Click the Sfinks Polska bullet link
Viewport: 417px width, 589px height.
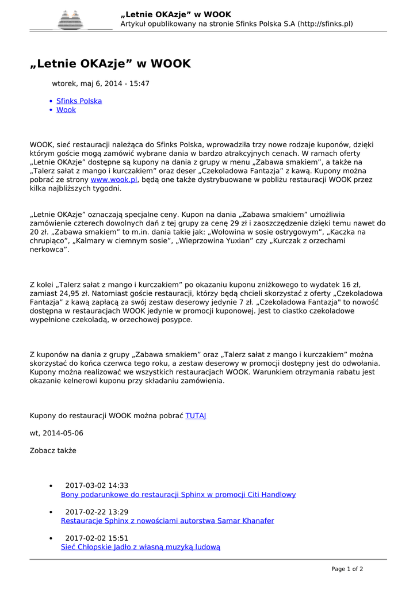(79, 101)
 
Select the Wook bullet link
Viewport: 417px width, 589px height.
(66, 110)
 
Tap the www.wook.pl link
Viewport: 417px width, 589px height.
(114, 179)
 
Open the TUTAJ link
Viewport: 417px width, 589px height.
(196, 415)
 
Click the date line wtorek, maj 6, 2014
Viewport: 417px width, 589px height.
(101, 83)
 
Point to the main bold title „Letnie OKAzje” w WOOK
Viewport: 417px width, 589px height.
(110, 64)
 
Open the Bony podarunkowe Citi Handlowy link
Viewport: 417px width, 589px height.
(178, 495)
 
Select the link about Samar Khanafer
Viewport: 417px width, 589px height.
(167, 521)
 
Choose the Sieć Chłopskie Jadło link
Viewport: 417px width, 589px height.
(140, 548)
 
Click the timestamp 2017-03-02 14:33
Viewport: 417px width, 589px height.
(97, 485)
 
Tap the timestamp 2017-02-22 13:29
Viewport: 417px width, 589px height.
(97, 512)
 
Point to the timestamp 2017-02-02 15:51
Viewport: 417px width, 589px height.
(97, 538)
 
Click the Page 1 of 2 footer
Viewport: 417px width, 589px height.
(347, 569)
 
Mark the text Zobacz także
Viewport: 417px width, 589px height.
(53, 450)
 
